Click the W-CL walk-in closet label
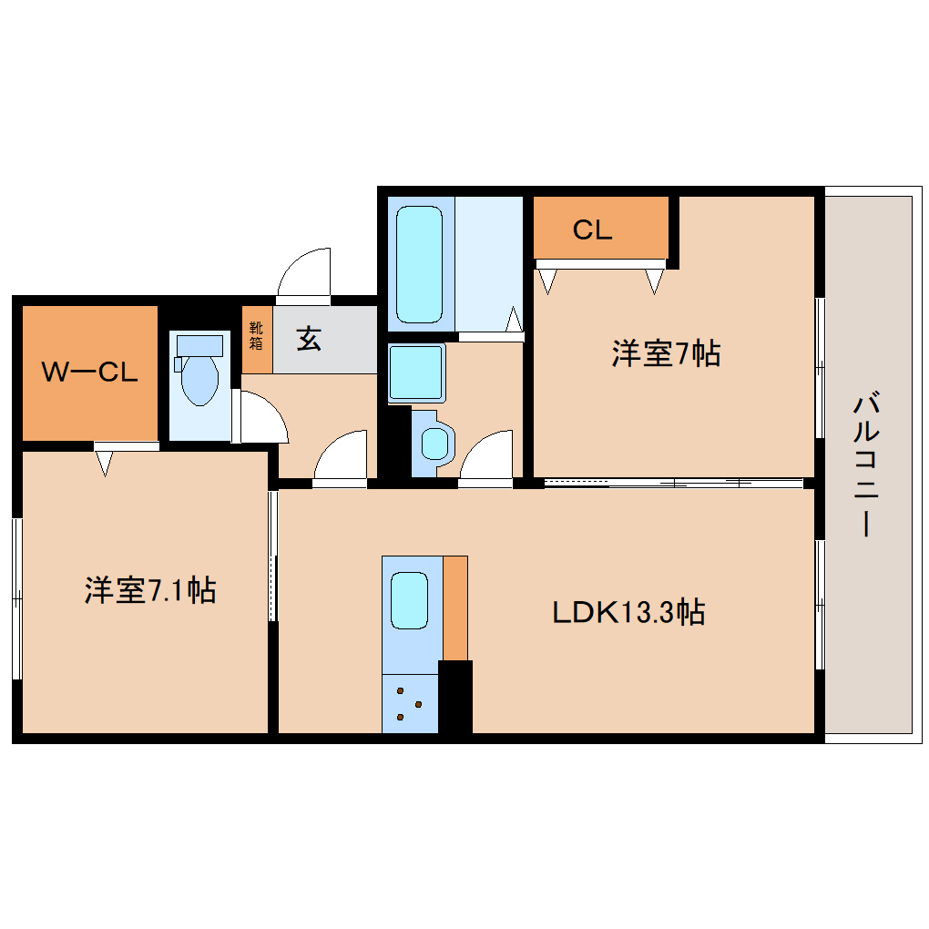[89, 372]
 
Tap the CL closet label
[592, 230]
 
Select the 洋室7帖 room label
[666, 353]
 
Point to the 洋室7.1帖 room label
[149, 590]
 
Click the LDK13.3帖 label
[628, 612]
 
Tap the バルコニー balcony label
[868, 464]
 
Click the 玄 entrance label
[309, 339]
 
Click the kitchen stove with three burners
[409, 704]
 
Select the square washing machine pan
[416, 373]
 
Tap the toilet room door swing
[262, 418]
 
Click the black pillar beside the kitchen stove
[455, 697]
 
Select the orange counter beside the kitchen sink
[455, 607]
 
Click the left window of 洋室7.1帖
[16, 598]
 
